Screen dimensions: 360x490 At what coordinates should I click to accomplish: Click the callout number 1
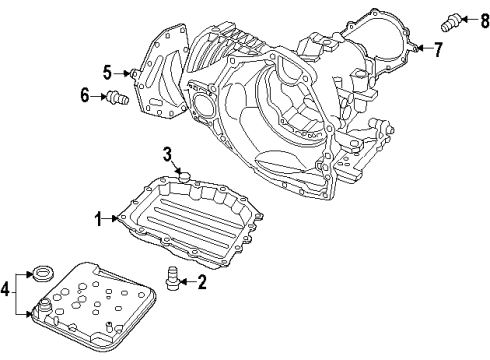tap(98, 217)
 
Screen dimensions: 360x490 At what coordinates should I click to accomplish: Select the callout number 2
tap(202, 283)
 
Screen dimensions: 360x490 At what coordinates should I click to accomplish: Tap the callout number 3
tap(169, 154)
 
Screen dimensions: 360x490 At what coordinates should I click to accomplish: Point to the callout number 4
tap(7, 291)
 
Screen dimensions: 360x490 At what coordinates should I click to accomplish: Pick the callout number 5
tap(106, 71)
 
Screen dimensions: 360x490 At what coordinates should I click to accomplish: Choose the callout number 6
tap(85, 95)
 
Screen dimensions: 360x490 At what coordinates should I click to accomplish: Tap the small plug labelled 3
tap(182, 175)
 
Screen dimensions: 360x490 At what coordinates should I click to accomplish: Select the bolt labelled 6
tap(117, 97)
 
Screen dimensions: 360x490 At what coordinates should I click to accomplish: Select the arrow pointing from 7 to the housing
tap(422, 47)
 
